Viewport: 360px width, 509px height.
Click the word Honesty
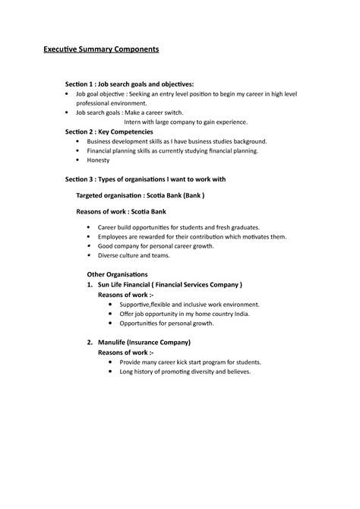[x=99, y=160]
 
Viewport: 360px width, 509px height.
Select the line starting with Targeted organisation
[x=141, y=195]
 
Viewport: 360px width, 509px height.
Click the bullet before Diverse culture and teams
[x=90, y=256]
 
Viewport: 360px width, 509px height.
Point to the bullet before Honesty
[x=79, y=160]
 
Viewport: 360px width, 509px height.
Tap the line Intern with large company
[x=185, y=122]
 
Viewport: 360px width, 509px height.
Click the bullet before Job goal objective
[x=68, y=93]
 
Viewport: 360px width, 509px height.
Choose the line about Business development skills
[x=176, y=141]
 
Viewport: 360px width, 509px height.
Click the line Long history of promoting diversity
[x=190, y=371]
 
